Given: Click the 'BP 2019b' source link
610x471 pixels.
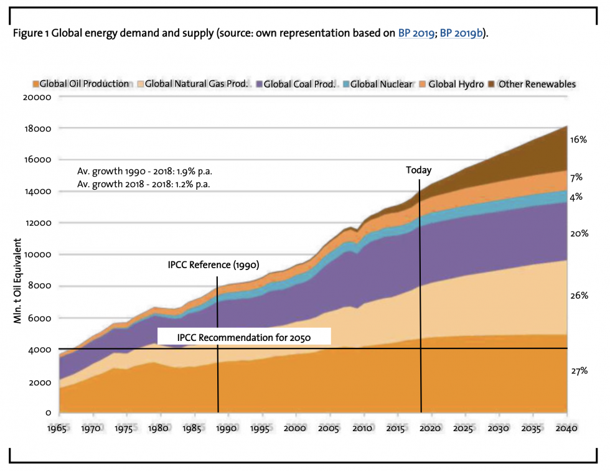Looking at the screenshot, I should pyautogui.click(x=462, y=34).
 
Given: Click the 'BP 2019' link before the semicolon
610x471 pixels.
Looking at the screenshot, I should pyautogui.click(x=416, y=34).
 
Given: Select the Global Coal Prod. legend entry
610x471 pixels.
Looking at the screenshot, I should pyautogui.click(x=299, y=84).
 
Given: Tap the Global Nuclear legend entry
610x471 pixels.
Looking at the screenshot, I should pyautogui.click(x=381, y=84).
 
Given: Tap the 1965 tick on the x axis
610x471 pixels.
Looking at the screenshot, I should pyautogui.click(x=59, y=429).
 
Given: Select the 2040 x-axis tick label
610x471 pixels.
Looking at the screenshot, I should pyautogui.click(x=566, y=429).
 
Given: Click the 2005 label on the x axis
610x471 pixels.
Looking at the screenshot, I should pyautogui.click(x=329, y=429).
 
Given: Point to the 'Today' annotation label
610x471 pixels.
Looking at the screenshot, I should pyautogui.click(x=418, y=170).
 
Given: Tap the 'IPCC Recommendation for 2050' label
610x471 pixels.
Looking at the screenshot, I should pyautogui.click(x=244, y=338).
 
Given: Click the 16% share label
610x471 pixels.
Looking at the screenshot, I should pyautogui.click(x=579, y=141).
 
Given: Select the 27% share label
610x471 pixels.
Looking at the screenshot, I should pyautogui.click(x=579, y=371).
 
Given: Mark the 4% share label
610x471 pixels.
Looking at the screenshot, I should pyautogui.click(x=576, y=197).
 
